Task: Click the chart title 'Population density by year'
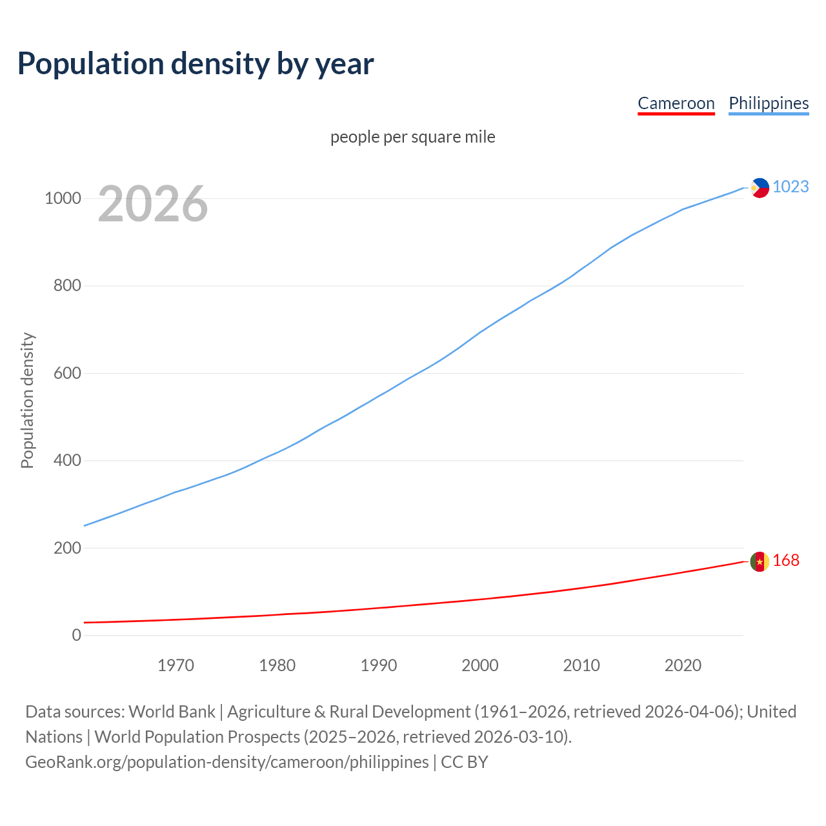click(x=196, y=63)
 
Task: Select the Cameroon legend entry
click(x=676, y=103)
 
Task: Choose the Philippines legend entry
click(x=768, y=103)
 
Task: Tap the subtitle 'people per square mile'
click(x=412, y=137)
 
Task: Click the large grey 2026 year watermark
click(x=153, y=204)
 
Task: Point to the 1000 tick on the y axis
click(x=63, y=198)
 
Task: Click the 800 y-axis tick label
click(x=67, y=285)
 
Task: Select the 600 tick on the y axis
click(x=67, y=373)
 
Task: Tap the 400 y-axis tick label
click(x=67, y=460)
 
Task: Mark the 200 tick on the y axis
click(x=67, y=548)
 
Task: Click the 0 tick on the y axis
click(x=77, y=635)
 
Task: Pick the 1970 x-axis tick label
click(x=176, y=665)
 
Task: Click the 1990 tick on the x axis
click(x=379, y=665)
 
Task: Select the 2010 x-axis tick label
click(x=581, y=665)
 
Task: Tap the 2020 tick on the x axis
click(x=683, y=665)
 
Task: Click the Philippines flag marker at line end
click(x=760, y=188)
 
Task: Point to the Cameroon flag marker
click(x=760, y=561)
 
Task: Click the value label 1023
click(x=791, y=186)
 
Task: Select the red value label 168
click(x=785, y=561)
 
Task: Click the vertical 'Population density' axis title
click(x=27, y=400)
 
